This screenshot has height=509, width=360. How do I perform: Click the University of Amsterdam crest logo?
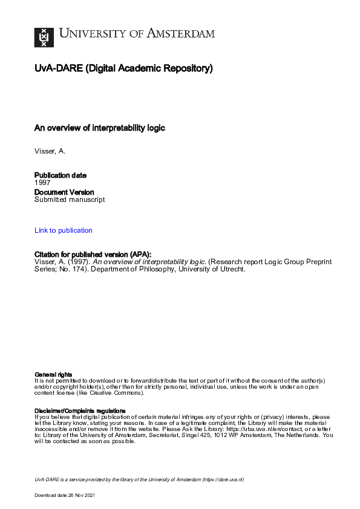click(43, 37)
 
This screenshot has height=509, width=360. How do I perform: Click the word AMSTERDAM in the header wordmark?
click(182, 34)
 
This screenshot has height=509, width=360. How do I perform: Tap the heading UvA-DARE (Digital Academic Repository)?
click(123, 69)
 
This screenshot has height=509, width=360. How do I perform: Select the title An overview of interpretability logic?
click(100, 128)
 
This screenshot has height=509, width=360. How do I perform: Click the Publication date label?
click(60, 175)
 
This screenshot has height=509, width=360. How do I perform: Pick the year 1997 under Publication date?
click(42, 183)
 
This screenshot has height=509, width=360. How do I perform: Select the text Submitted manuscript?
click(70, 199)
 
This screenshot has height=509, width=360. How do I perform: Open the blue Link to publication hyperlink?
click(64, 230)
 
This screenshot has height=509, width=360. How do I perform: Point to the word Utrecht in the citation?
click(232, 270)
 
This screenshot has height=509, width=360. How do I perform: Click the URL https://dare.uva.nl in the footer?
click(223, 479)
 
